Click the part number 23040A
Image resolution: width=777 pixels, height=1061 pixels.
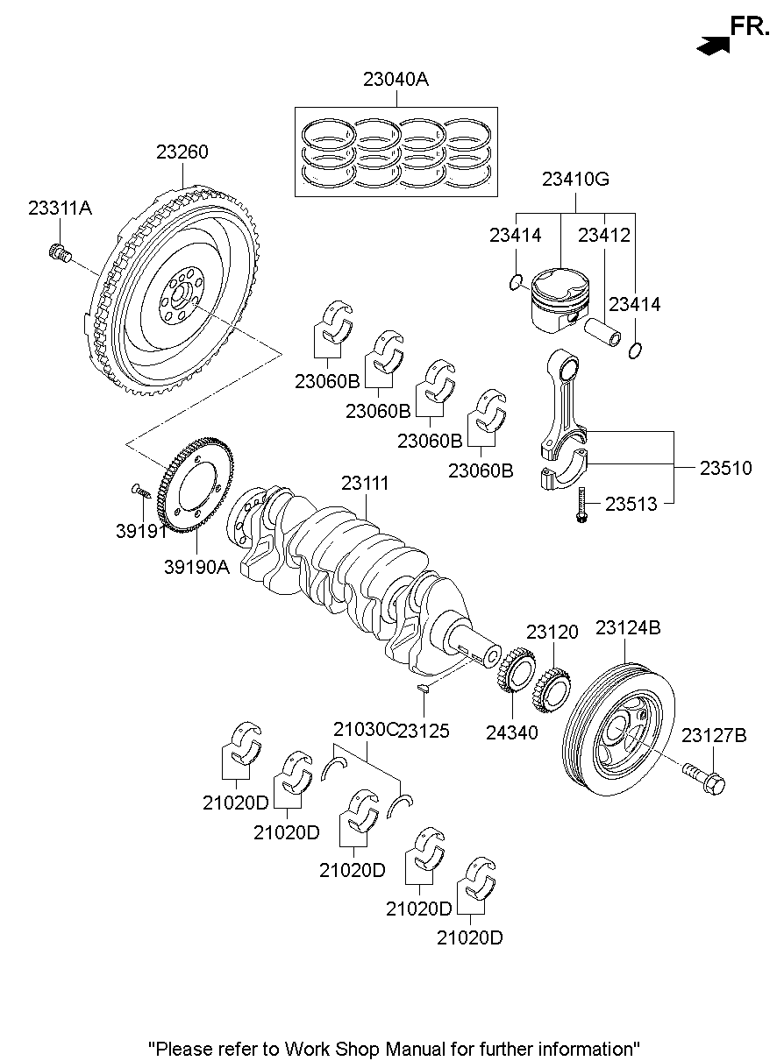point(396,80)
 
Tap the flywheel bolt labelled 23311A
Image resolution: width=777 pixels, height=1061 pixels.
point(59,252)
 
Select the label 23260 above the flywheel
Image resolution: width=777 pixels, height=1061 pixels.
point(182,152)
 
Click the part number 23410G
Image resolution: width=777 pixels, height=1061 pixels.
point(575,180)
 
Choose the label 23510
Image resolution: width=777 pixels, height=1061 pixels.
point(725,469)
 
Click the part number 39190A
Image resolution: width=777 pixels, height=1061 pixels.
point(196,567)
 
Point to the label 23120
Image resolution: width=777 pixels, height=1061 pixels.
point(552,632)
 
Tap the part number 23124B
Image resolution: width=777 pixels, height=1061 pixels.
point(628,628)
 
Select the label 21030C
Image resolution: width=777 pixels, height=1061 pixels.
point(364,729)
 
